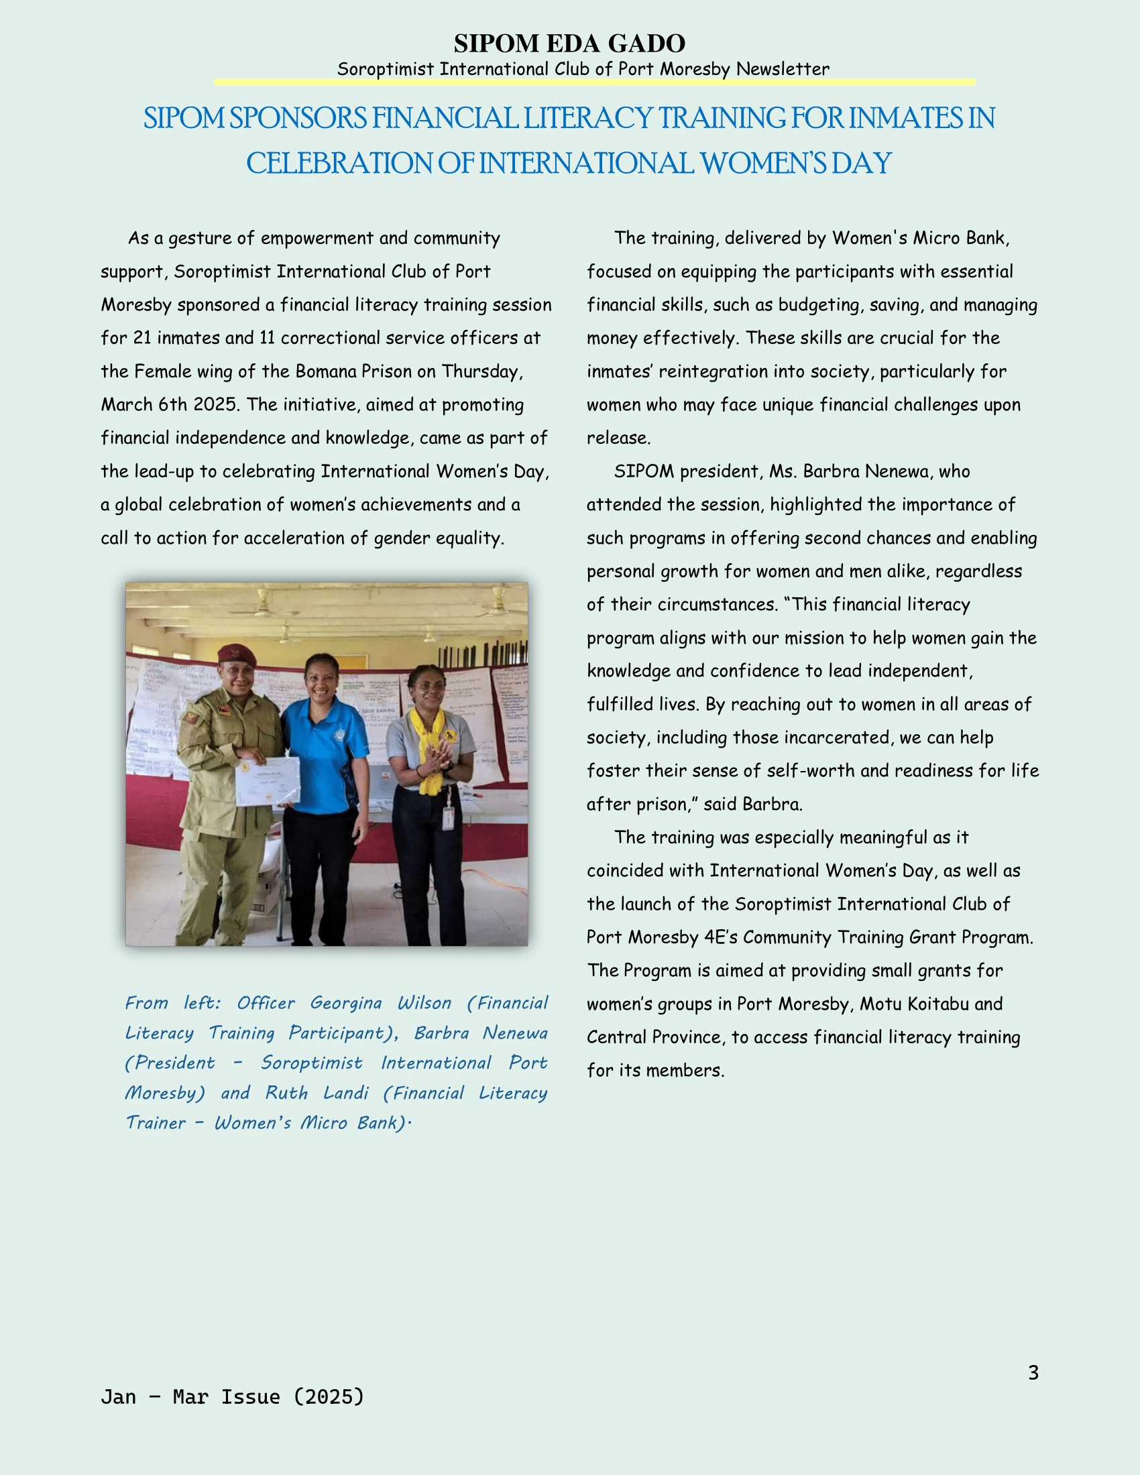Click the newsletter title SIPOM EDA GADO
pos(569,44)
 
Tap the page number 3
pos(1033,1373)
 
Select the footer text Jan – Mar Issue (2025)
pos(232,1397)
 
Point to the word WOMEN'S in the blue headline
pos(762,164)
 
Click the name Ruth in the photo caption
pos(286,1093)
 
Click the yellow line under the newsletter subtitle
pos(594,82)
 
